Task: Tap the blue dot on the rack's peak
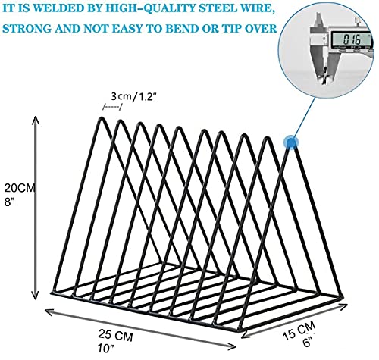pyautogui.click(x=291, y=142)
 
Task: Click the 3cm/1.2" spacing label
pyautogui.click(x=132, y=96)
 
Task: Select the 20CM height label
pyautogui.click(x=19, y=188)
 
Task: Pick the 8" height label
pyautogui.click(x=10, y=202)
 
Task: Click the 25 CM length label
pyautogui.click(x=115, y=335)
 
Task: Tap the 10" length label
pyautogui.click(x=105, y=348)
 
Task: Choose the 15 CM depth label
pyautogui.click(x=299, y=330)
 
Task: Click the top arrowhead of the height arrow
pyautogui.click(x=36, y=119)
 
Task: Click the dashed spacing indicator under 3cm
pyautogui.click(x=112, y=107)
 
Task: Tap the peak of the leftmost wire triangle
pyautogui.click(x=102, y=117)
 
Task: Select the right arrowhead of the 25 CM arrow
pyautogui.click(x=233, y=346)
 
